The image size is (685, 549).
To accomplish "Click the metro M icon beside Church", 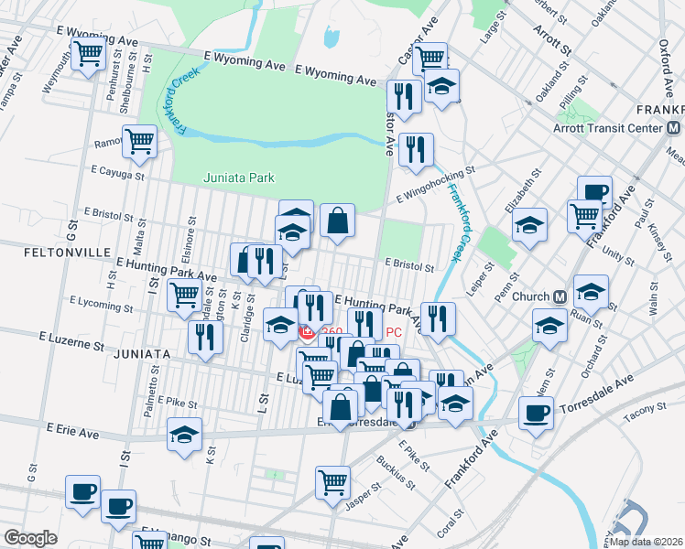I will click(x=558, y=296).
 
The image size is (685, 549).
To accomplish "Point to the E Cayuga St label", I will click(x=118, y=171).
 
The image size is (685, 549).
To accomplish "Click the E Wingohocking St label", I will click(x=436, y=184).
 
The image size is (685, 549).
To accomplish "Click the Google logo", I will click(x=31, y=538).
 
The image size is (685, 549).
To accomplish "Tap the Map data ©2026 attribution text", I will click(x=644, y=541).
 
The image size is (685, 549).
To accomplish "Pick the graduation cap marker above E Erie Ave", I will click(x=185, y=434).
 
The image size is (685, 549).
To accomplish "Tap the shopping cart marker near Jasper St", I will click(x=332, y=480).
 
